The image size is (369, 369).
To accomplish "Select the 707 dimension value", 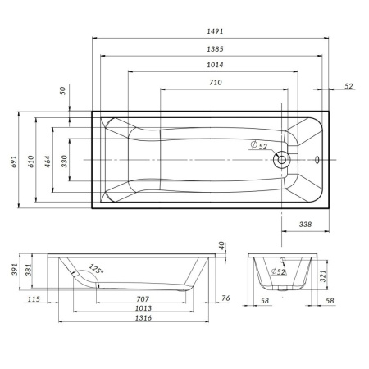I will click(x=141, y=299).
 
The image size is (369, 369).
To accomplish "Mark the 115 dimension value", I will click(x=34, y=299).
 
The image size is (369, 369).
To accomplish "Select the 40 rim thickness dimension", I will click(x=221, y=245).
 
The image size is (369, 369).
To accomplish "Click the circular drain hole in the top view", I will click(x=282, y=158).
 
